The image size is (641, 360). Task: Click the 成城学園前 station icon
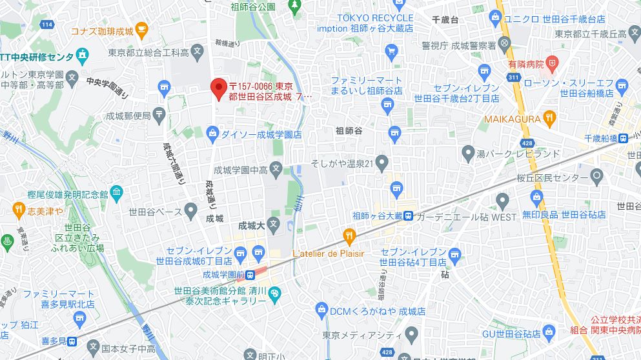(x=258, y=274)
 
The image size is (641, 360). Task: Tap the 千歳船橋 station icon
(x=623, y=138)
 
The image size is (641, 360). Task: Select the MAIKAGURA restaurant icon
(x=549, y=117)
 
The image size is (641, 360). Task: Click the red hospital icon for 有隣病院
(x=551, y=63)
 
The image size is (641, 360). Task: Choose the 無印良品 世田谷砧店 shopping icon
(x=536, y=196)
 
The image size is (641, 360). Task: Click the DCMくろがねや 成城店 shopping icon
(x=321, y=311)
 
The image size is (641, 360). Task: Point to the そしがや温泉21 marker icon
(x=382, y=162)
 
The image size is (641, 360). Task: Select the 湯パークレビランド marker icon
(x=468, y=153)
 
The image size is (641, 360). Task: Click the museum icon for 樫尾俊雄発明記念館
(x=116, y=192)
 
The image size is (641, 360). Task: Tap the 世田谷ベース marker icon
(x=190, y=209)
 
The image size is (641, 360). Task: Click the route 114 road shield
(x=46, y=25)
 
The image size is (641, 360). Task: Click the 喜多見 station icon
(x=74, y=341)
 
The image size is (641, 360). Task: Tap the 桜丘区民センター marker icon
(x=597, y=176)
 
